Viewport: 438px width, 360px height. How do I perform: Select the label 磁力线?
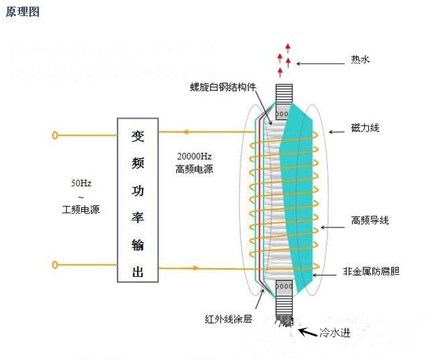366,127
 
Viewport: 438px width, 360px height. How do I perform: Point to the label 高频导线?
370,220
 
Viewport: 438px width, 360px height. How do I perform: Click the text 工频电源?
81,210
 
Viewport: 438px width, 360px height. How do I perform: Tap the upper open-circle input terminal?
55,135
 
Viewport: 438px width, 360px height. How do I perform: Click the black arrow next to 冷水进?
307,331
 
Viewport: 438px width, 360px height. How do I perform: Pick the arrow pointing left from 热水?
318,64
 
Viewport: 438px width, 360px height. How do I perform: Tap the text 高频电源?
194,170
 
